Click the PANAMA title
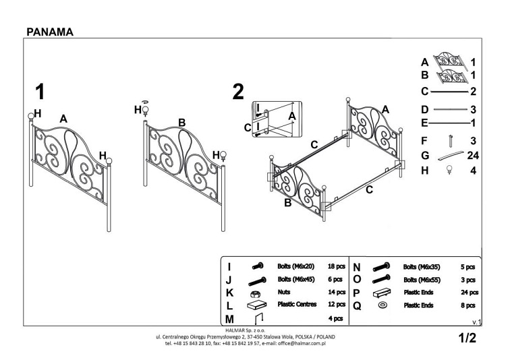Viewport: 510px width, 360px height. (x=50, y=31)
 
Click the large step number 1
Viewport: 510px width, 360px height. (x=41, y=91)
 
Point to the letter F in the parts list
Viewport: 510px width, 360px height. (x=424, y=141)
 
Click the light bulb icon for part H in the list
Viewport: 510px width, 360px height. (x=449, y=171)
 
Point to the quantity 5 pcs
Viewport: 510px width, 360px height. (x=468, y=266)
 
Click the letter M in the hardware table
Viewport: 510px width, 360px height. (x=230, y=318)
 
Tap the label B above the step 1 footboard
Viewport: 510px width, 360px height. (x=181, y=122)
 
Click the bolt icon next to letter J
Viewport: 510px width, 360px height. (x=256, y=279)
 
